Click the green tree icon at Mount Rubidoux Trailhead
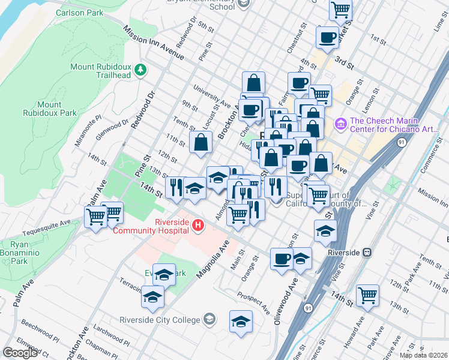click(x=140, y=70)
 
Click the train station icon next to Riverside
click(x=366, y=253)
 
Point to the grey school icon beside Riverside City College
click(x=209, y=318)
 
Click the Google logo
click(x=20, y=353)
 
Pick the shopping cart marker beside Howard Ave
click(x=367, y=295)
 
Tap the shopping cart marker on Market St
click(x=340, y=10)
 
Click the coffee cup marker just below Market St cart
click(x=327, y=37)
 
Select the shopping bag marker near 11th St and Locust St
click(x=200, y=142)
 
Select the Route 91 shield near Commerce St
click(x=401, y=142)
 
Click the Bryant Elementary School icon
click(x=243, y=5)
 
